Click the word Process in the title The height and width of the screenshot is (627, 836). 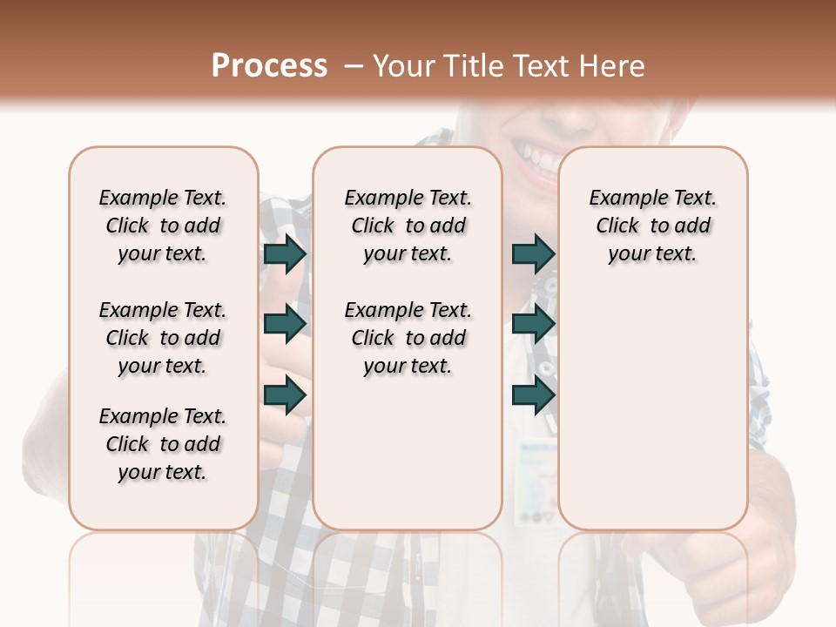[x=269, y=66]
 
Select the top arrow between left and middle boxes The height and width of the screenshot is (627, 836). [x=285, y=253]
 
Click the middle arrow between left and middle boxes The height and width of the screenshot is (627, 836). [x=285, y=324]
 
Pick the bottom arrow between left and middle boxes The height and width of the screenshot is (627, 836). [x=285, y=394]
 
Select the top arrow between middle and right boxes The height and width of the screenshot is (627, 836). [x=533, y=253]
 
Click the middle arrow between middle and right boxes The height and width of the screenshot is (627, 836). [x=533, y=324]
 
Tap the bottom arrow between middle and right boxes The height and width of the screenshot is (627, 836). [x=533, y=394]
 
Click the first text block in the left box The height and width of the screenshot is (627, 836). [x=163, y=226]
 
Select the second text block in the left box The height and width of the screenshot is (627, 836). [x=163, y=338]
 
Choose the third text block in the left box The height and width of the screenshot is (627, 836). [x=163, y=444]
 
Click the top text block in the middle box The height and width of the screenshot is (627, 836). [x=408, y=226]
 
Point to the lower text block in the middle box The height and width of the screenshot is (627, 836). [x=408, y=338]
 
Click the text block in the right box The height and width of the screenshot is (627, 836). [x=653, y=226]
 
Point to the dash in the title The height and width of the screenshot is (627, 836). [x=353, y=66]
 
